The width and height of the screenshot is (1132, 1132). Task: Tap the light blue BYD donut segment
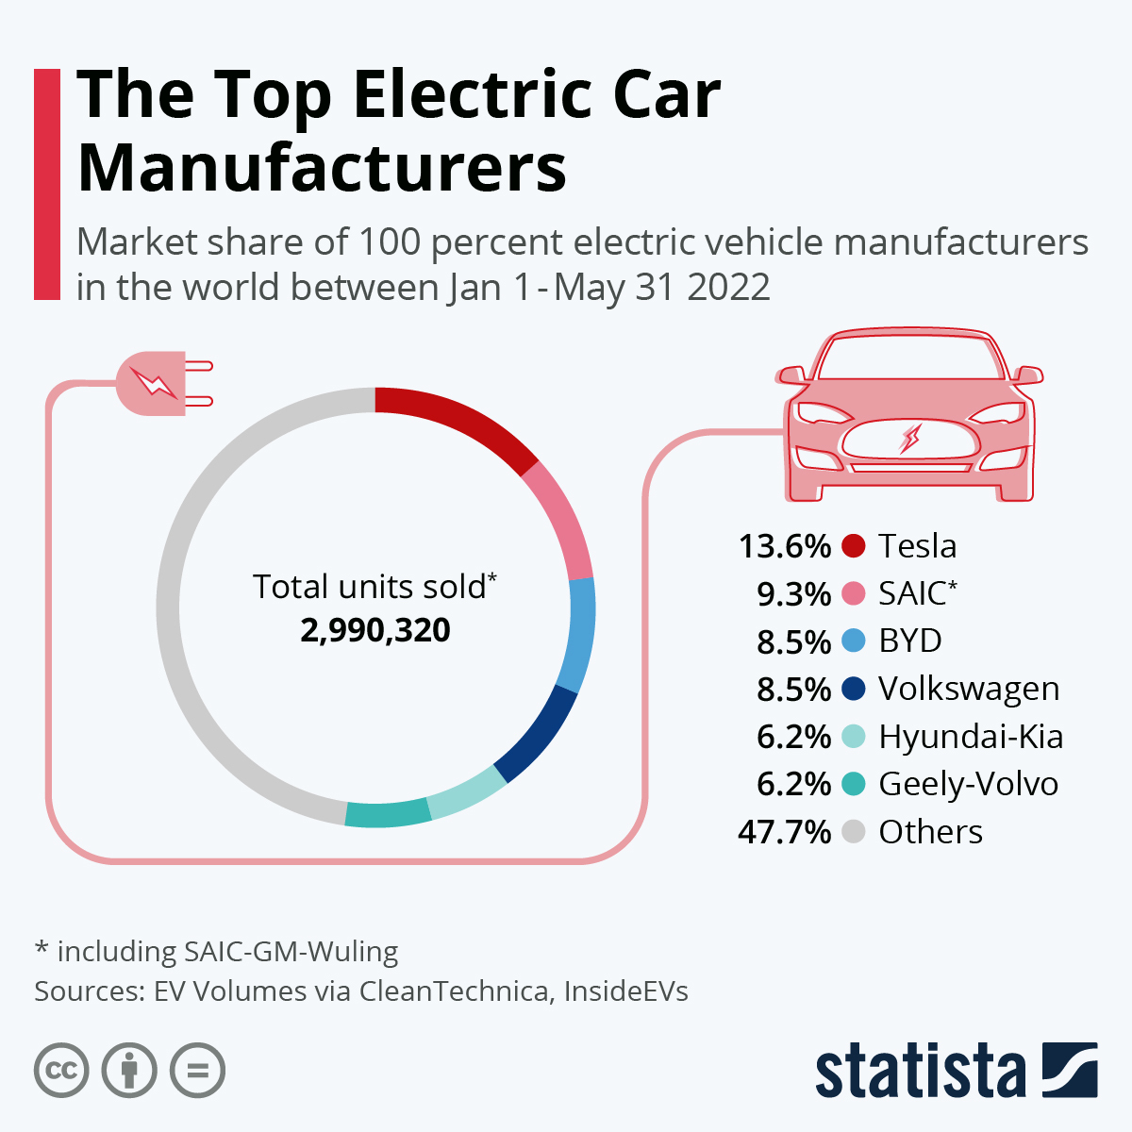578,634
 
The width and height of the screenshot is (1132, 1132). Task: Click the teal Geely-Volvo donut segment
388,813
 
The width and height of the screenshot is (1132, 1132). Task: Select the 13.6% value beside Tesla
784,546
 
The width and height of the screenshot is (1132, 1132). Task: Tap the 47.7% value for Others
784,832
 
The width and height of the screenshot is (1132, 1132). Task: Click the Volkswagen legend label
969,689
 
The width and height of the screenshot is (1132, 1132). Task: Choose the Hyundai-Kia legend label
971,737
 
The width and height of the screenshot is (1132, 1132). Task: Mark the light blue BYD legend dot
853,641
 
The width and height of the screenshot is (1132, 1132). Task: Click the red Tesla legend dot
853,546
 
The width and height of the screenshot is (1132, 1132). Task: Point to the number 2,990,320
375,630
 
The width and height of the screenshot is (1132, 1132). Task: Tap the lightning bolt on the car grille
911,438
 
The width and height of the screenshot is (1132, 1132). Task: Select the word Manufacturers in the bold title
322,167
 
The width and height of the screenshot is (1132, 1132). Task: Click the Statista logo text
920,1072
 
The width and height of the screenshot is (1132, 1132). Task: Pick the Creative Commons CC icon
61,1071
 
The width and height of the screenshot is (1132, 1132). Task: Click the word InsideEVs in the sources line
625,991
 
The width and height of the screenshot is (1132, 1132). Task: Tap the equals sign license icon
197,1071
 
